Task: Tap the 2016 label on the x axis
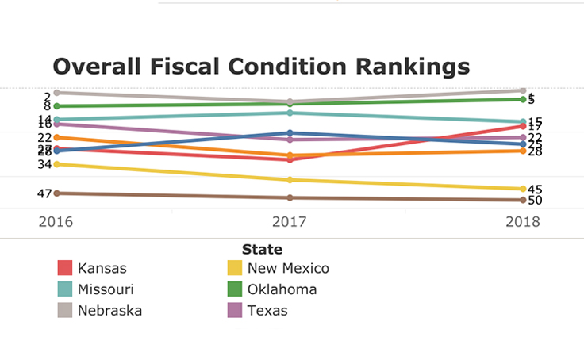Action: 56,221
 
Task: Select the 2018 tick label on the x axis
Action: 523,221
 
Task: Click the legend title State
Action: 262,250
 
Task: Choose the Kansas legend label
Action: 102,268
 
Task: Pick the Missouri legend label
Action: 106,289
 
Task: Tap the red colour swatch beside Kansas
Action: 65,268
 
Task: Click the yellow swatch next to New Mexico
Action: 235,268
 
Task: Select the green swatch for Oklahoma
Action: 235,289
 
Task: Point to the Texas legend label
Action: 267,310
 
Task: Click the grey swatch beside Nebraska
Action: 65,310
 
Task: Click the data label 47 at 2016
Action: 44,193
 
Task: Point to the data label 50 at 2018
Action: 535,201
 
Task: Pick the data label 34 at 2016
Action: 44,164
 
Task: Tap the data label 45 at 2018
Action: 535,190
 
